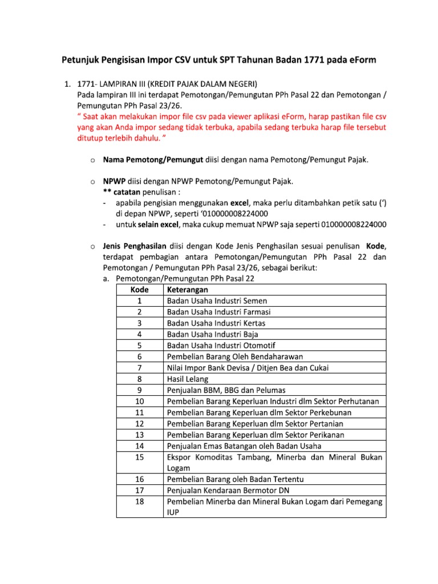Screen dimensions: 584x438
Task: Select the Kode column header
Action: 139,290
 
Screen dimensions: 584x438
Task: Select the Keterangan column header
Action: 188,290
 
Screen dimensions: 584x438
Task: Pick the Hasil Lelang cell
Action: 188,379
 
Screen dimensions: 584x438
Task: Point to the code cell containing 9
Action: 139,390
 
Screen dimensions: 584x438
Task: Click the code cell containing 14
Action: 139,446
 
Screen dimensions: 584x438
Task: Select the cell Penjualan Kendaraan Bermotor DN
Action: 228,490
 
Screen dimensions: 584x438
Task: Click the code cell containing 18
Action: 139,502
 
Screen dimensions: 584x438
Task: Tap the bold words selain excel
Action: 158,225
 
